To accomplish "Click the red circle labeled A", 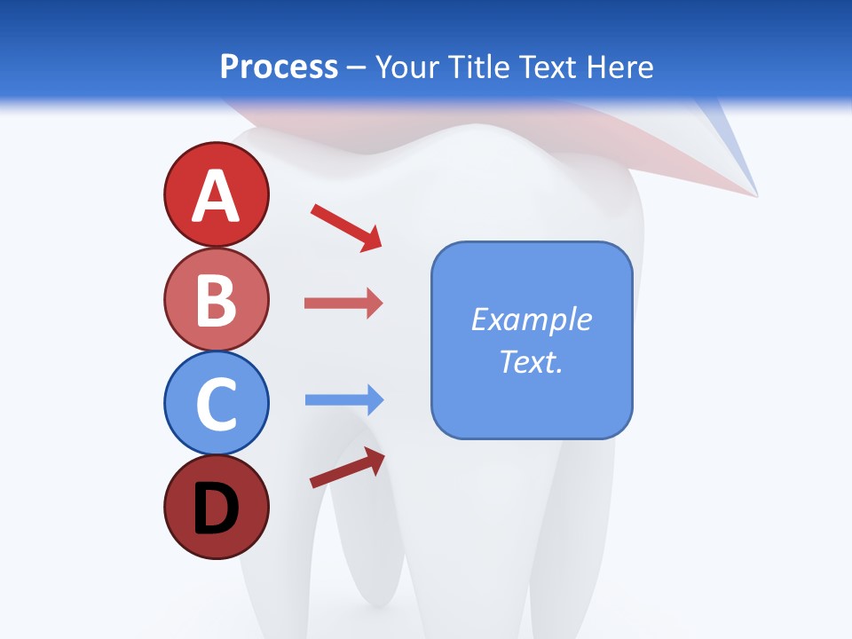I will point(216,194).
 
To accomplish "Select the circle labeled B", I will point(216,299).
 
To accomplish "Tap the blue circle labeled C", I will point(216,403).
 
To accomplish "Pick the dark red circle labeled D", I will point(216,507).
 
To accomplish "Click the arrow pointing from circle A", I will point(346,226).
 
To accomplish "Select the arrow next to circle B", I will point(343,304).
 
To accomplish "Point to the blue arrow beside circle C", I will point(344,400).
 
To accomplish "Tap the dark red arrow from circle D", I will point(347,469).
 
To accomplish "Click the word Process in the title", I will point(279,67).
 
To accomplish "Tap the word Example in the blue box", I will point(532,319).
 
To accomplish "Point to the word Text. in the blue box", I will point(532,361).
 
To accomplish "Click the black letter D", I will point(216,509).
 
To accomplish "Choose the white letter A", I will point(216,196).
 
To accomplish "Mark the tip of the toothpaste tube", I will point(755,193).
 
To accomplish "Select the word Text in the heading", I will point(551,67).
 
